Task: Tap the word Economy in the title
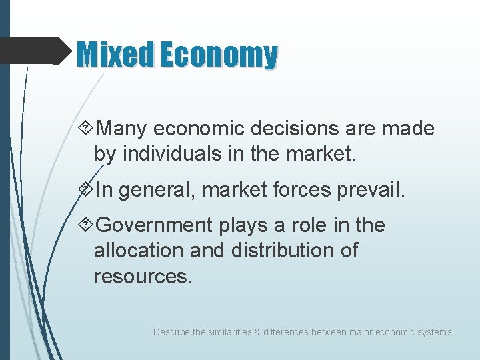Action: coord(219,55)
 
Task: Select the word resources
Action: coord(143,276)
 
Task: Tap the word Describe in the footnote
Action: coord(171,331)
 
